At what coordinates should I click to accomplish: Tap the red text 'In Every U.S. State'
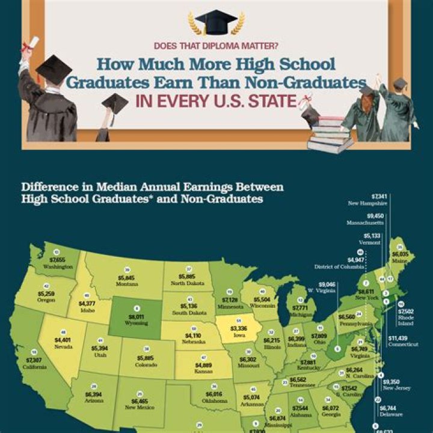[216, 100]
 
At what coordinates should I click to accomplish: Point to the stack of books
[330, 134]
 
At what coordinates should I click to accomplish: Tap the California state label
[34, 366]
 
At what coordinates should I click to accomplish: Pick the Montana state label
[127, 284]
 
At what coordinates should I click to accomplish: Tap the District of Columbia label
[339, 266]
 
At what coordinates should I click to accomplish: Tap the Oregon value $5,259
[46, 293]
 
